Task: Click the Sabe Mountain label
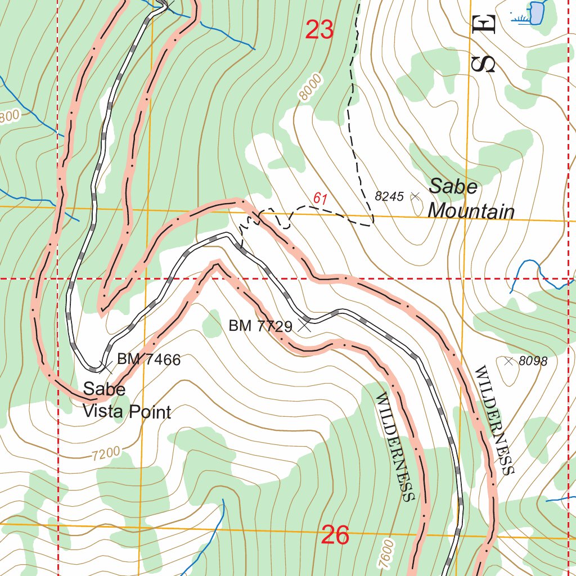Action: click(471, 199)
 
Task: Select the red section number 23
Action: click(319, 30)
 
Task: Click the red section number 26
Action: click(335, 535)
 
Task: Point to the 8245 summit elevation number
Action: click(389, 196)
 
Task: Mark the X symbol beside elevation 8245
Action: click(415, 196)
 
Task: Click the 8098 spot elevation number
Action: click(533, 361)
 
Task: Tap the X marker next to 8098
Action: click(509, 361)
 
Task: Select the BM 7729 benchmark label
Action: click(260, 326)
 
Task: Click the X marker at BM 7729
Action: click(305, 325)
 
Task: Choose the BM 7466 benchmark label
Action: click(148, 359)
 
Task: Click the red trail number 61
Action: click(321, 198)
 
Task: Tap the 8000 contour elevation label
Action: click(311, 88)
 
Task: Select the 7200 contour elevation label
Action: click(106, 453)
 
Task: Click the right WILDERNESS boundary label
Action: click(494, 421)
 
